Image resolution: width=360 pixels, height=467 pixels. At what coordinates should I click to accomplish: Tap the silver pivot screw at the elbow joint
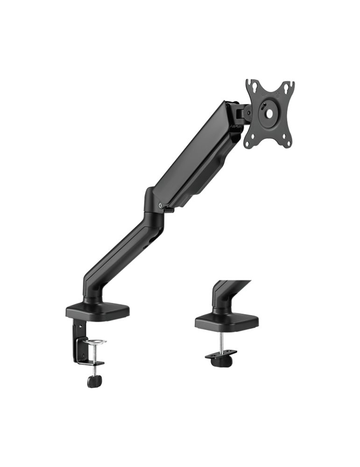tap(161, 204)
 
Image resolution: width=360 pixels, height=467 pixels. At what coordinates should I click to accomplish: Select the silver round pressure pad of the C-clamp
tap(94, 342)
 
